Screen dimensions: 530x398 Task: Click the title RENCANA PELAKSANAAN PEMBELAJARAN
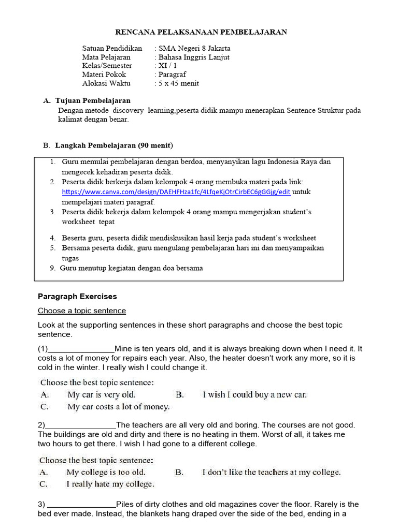[x=201, y=32]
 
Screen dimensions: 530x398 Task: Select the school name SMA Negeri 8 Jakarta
[x=194, y=48]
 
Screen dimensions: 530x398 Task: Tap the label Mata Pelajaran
[x=106, y=57]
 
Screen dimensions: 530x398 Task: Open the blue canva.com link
[x=176, y=192]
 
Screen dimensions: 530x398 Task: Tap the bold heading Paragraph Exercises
[x=77, y=297]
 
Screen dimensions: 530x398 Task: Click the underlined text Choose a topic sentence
[x=81, y=311]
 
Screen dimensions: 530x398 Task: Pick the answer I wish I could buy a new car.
[x=254, y=394]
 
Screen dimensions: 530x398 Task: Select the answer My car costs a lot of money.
[x=119, y=407]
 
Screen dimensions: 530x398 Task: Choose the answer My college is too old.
[x=106, y=472]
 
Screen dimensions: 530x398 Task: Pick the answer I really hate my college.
[x=110, y=484]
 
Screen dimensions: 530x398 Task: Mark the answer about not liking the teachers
[x=271, y=472]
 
